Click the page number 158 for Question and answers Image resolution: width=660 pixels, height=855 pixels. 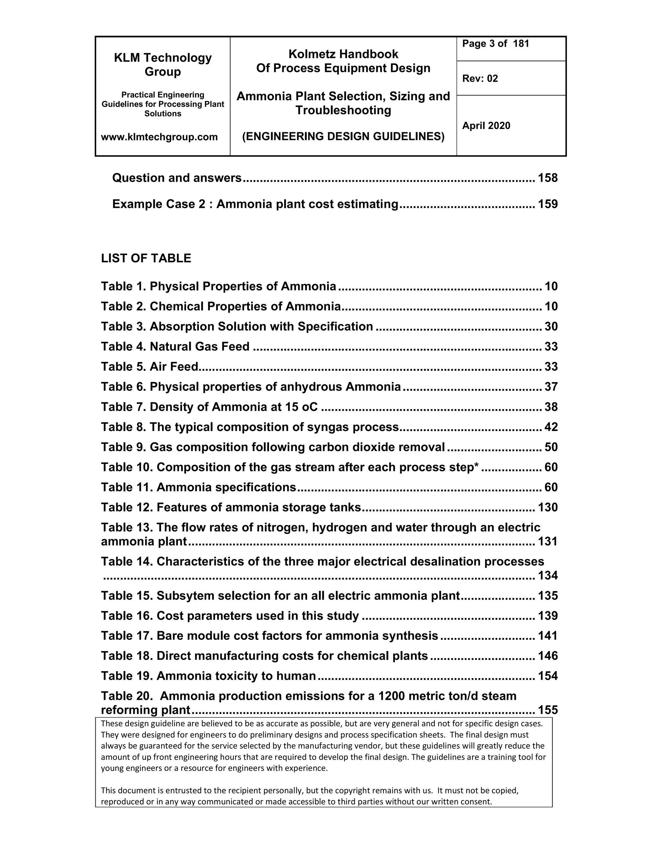(x=548, y=178)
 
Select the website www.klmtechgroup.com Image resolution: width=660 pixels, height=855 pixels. (x=159, y=137)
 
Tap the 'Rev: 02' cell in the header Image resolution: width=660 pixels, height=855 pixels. (x=480, y=79)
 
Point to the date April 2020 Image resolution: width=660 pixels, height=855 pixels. (x=486, y=126)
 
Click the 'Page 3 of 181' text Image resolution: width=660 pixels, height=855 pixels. (x=495, y=44)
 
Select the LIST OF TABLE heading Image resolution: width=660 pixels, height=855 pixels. (x=146, y=258)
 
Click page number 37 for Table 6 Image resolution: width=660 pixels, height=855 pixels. (x=551, y=387)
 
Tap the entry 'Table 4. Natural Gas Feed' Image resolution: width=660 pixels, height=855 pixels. (x=175, y=347)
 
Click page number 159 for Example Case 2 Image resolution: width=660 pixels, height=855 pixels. (x=548, y=204)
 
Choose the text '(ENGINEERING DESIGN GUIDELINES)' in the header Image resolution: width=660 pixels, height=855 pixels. (x=343, y=136)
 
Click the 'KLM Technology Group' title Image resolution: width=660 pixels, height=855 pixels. (x=163, y=65)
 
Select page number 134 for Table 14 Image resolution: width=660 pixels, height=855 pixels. (x=548, y=576)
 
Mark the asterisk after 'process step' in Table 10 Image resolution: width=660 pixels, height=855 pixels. (x=476, y=466)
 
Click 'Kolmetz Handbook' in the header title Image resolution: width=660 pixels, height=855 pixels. (x=343, y=54)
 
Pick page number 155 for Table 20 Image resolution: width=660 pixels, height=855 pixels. (x=548, y=710)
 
